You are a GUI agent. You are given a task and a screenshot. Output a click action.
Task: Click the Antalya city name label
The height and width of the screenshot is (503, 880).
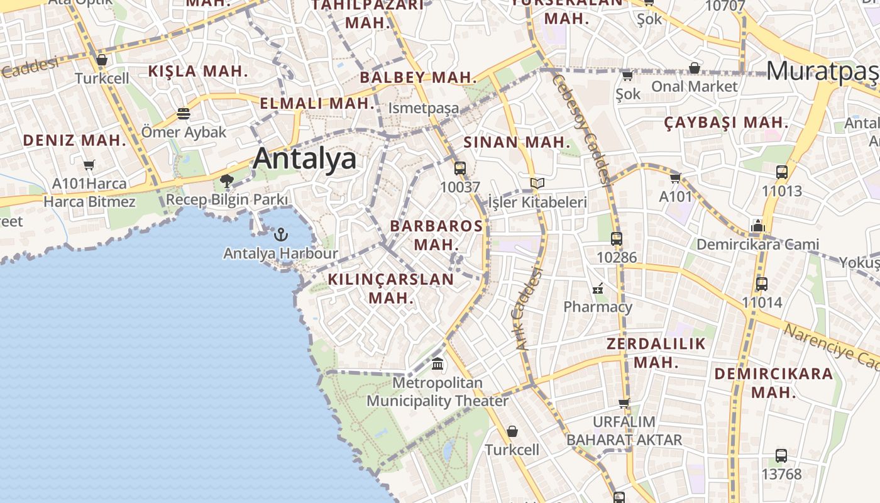click(x=305, y=158)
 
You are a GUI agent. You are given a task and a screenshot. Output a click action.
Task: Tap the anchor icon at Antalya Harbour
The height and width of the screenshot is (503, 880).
click(x=281, y=235)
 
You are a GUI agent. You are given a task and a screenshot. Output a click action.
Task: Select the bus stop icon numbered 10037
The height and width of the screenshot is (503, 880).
click(x=460, y=169)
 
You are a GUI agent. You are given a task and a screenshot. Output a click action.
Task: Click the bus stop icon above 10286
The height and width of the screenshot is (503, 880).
click(x=617, y=239)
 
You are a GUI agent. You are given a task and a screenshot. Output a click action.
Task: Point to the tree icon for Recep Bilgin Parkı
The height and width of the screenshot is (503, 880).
click(x=227, y=182)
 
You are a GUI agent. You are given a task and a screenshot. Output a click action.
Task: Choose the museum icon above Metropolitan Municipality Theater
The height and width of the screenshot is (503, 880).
click(x=437, y=363)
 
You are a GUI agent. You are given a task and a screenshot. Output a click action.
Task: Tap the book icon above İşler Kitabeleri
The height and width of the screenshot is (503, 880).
click(x=537, y=184)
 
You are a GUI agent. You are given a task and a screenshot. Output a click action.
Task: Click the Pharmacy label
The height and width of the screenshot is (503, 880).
click(x=598, y=307)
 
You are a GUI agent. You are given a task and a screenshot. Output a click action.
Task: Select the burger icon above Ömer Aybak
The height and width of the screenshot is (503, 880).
click(x=184, y=114)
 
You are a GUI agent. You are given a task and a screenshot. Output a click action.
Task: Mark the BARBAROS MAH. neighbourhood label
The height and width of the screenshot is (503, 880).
click(x=436, y=235)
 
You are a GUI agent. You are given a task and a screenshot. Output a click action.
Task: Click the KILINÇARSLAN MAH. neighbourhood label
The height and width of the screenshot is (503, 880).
click(x=390, y=288)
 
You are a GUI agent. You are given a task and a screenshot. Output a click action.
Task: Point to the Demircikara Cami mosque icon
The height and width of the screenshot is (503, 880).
click(x=757, y=226)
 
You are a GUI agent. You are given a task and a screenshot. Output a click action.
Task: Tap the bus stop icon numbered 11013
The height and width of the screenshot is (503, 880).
click(x=782, y=172)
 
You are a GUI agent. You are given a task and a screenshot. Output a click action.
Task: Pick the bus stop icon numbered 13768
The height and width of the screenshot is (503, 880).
click(x=781, y=456)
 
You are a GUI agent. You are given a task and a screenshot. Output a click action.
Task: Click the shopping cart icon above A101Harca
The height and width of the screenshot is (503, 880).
click(x=89, y=165)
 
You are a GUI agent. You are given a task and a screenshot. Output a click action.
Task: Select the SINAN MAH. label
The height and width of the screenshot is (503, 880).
click(x=517, y=143)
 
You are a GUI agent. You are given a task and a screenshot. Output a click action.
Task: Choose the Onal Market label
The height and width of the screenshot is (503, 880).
click(x=694, y=86)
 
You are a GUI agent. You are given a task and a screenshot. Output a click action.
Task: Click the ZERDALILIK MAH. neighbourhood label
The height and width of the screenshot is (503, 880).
click(x=656, y=353)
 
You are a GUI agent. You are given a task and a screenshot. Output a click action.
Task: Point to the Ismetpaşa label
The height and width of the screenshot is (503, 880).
click(x=424, y=108)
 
